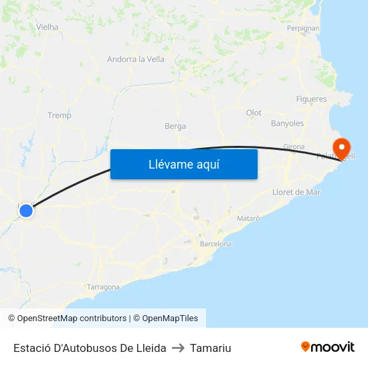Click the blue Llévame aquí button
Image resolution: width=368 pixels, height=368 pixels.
coord(183,164)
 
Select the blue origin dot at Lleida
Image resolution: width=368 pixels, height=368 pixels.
coord(26,211)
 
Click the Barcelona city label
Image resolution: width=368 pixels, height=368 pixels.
coord(215,244)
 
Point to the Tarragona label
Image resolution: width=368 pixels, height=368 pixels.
coord(103,287)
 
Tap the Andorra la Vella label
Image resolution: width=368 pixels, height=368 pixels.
coord(136,60)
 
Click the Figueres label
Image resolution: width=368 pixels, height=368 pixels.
coord(311,99)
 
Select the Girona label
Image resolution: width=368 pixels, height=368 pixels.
coord(294,147)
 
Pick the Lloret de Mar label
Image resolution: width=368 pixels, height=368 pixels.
coord(296,192)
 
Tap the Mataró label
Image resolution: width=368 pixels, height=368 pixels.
coord(248,218)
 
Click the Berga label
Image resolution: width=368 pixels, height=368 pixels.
coord(175,126)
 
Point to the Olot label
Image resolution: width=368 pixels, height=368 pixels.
coord(254,113)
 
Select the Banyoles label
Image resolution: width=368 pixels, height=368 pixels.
coord(287,123)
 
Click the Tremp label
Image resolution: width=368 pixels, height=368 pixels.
coord(60,116)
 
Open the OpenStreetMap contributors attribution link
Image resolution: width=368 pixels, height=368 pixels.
coord(72,318)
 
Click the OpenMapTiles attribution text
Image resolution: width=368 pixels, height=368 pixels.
coord(170,318)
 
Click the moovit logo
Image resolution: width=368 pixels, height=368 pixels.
coord(328,347)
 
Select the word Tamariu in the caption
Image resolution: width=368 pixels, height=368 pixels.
coord(210,348)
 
